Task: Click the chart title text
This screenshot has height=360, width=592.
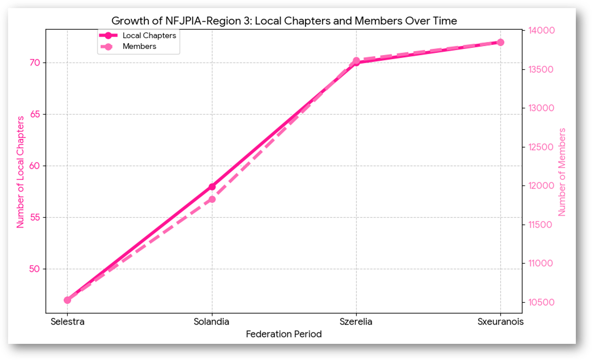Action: tap(284, 21)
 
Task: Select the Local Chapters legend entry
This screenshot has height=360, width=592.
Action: tap(149, 35)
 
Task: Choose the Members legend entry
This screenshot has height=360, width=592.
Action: tap(139, 47)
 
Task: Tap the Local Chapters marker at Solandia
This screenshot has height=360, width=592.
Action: tap(212, 187)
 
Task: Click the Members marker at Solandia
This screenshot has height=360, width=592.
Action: tap(212, 199)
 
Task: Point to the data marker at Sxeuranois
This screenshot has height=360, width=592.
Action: tap(500, 42)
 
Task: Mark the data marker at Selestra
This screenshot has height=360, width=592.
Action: tap(67, 300)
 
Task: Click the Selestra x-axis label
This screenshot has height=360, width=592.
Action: tap(67, 322)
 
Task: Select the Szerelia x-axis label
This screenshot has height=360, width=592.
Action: tap(356, 322)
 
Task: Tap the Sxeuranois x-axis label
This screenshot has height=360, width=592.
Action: tap(500, 322)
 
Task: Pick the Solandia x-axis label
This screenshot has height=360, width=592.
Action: tap(212, 322)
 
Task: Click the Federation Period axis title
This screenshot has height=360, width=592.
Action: tap(283, 334)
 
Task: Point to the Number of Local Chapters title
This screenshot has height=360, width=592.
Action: tap(20, 172)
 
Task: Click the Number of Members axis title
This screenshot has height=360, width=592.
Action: tap(562, 172)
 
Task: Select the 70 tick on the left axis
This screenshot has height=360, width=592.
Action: tap(35, 63)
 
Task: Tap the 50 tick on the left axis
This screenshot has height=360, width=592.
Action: tap(35, 269)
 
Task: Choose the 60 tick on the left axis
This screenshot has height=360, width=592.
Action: tap(35, 166)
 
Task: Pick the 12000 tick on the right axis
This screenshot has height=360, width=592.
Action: tap(540, 186)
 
